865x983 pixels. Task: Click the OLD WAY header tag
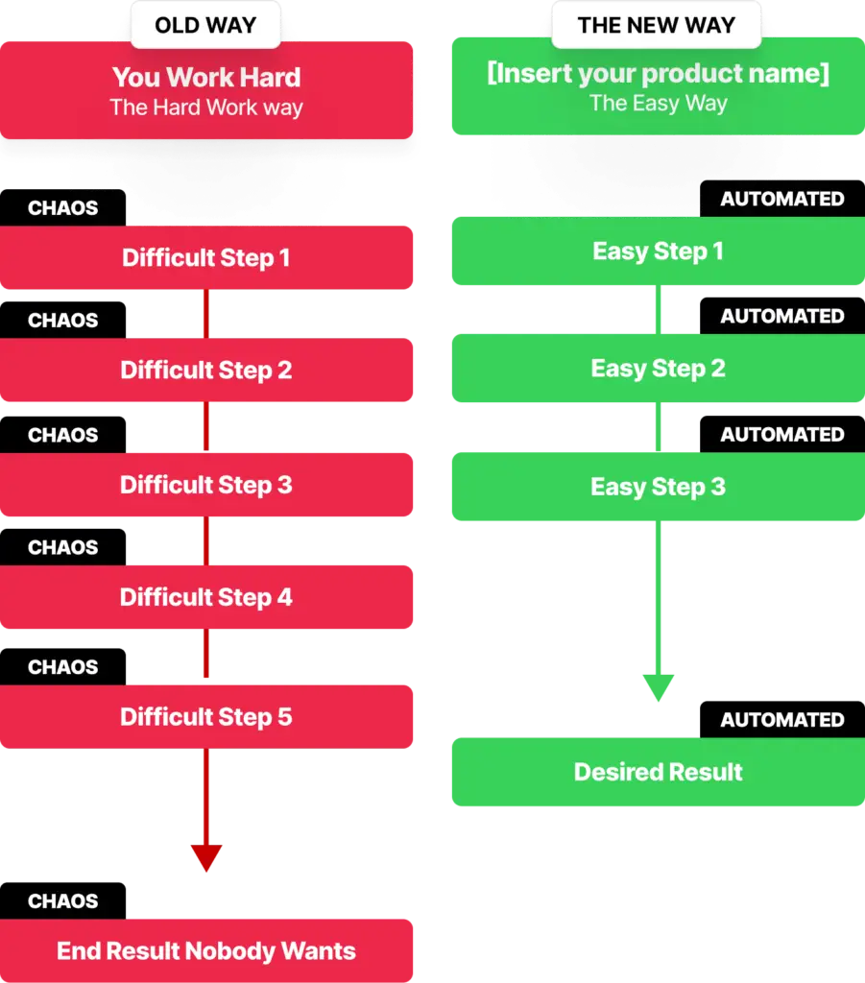[x=205, y=25]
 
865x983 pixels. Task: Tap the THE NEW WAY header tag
[x=657, y=25]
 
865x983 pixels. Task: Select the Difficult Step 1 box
[x=206, y=257]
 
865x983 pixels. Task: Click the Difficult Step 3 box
[x=206, y=485]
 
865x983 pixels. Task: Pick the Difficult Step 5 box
[x=206, y=716]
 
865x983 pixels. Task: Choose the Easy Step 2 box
[x=659, y=368]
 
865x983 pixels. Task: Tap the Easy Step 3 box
[x=659, y=487]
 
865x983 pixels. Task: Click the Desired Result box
[x=659, y=772]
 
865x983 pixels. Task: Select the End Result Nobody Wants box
[x=206, y=950]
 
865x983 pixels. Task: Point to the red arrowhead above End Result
[x=206, y=857]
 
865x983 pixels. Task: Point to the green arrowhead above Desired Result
[x=659, y=687]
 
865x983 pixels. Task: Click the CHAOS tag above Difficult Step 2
[x=62, y=321]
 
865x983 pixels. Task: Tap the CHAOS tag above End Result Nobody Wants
[x=62, y=900]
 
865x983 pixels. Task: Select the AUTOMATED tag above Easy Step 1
[x=782, y=199]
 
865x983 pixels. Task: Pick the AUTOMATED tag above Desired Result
[x=782, y=720]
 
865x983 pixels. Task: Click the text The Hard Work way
[x=206, y=108]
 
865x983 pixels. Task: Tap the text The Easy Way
[x=659, y=103]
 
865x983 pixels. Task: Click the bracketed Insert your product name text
[x=659, y=73]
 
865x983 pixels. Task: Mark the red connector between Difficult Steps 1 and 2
[x=206, y=314]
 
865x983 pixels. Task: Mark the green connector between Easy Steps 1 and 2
[x=659, y=310]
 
